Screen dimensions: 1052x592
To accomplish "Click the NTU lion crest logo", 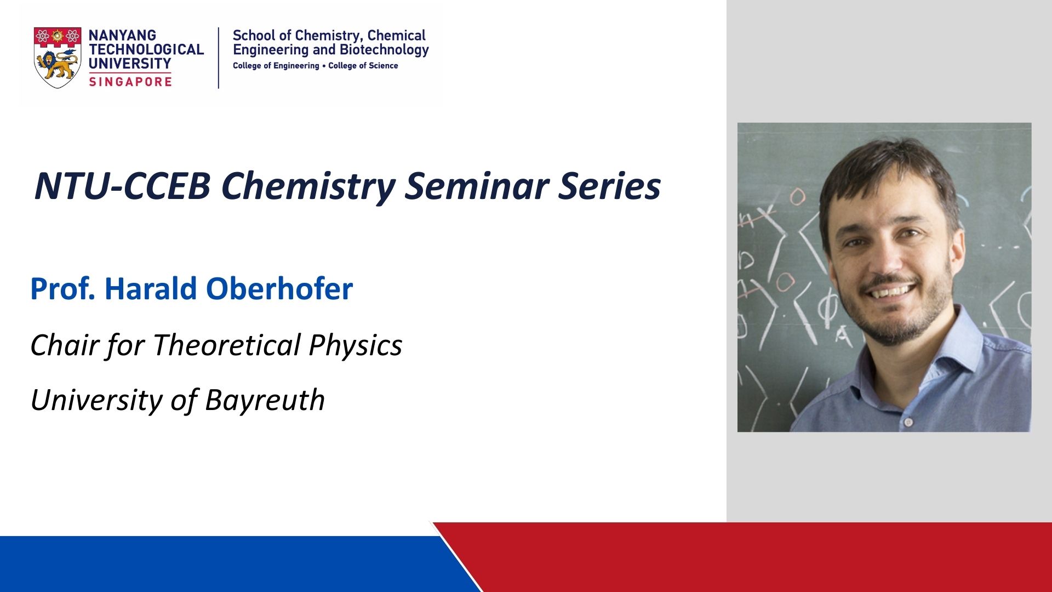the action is (58, 58).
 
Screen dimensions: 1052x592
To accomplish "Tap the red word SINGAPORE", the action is (130, 82).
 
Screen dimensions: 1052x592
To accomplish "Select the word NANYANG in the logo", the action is (122, 35).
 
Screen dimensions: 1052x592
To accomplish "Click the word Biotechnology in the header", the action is (384, 50).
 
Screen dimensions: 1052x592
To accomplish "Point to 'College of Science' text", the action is (363, 66).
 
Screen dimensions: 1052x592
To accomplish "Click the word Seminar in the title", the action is (477, 186).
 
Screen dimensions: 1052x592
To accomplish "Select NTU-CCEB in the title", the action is (122, 186).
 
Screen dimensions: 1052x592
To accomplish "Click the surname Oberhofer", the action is (279, 289).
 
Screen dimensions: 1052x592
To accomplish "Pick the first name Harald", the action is (151, 289).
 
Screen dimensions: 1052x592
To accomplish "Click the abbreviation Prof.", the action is (63, 289).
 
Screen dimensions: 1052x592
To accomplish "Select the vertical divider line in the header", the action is (219, 58).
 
